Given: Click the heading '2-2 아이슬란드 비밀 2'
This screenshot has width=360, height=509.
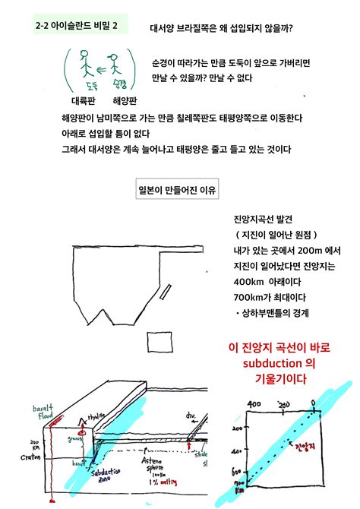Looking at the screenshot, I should [77, 26].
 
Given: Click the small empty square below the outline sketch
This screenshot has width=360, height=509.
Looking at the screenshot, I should [160, 341].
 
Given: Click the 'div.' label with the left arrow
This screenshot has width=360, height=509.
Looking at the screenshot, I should [191, 416].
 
